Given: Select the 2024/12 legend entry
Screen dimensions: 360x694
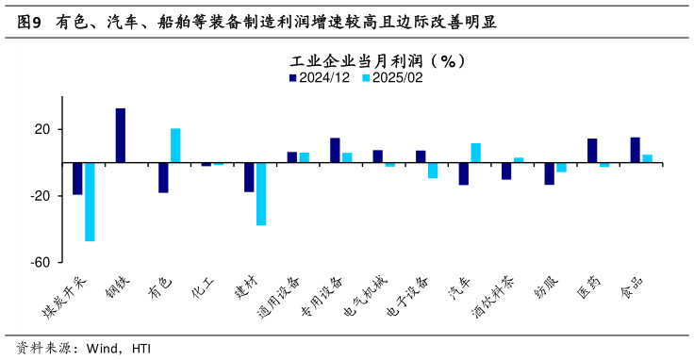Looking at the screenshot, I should (x=320, y=78).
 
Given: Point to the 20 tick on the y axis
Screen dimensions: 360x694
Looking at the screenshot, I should (x=42, y=129).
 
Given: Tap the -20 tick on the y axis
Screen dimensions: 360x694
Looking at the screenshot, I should (x=40, y=196).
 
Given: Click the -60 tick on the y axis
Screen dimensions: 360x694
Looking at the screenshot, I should (x=40, y=263).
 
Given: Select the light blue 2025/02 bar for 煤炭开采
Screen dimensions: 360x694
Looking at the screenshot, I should (x=90, y=202).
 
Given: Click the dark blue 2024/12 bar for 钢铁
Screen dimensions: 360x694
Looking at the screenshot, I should (x=121, y=136).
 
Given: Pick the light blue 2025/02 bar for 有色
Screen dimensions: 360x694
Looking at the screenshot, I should (x=175, y=146).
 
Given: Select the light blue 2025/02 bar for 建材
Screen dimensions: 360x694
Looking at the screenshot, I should (x=261, y=194).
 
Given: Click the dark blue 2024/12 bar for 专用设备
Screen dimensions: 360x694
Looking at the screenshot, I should (x=335, y=151).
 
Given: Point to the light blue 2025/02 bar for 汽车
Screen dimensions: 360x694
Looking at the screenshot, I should (x=476, y=153).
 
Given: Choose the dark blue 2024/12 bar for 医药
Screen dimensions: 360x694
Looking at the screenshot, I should (x=592, y=151).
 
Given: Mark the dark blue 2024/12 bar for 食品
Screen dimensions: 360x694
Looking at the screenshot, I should (x=636, y=150).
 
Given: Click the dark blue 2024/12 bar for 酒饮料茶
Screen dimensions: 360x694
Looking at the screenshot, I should (x=506, y=171).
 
